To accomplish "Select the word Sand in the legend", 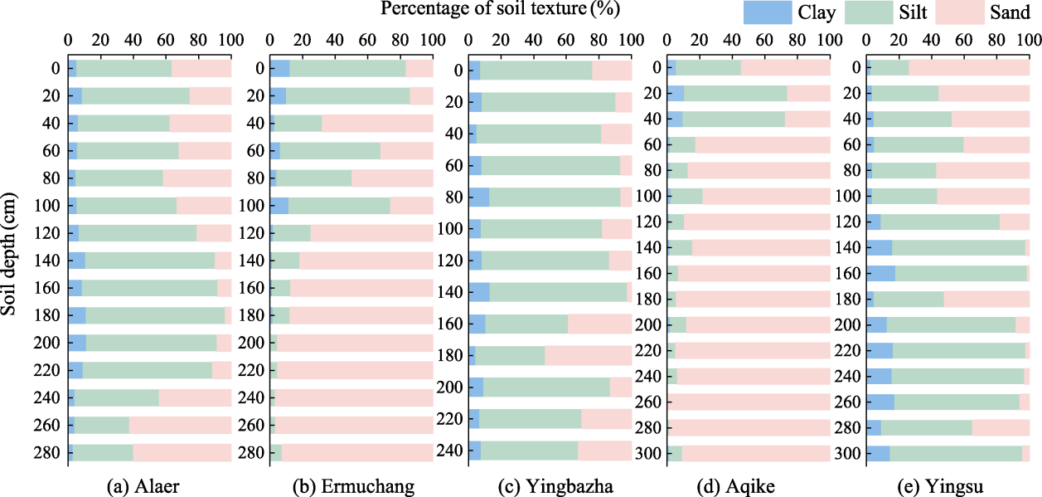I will coord(1010,12).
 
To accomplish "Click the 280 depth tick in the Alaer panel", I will coord(49,452).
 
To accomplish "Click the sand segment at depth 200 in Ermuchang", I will coord(354,343).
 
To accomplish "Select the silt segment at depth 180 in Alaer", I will coord(155,315).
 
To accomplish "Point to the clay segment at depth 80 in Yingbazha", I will coord(478,197).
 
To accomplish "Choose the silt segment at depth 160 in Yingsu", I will coord(961,274).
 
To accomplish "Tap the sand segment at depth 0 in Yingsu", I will coord(969,68).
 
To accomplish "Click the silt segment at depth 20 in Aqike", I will coord(735,94).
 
